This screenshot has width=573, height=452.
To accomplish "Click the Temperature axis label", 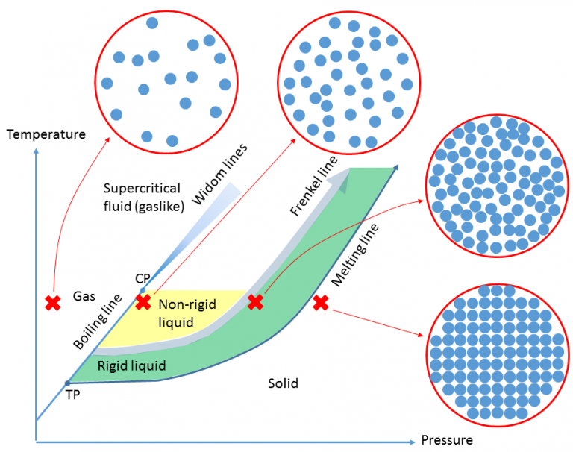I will tap(46, 134).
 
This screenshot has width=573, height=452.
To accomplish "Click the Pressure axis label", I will tap(447, 439).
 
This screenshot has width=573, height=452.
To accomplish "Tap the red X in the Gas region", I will tap(53, 303).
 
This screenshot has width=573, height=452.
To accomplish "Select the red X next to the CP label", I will tap(143, 302).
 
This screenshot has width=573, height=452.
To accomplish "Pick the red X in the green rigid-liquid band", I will tap(255, 302).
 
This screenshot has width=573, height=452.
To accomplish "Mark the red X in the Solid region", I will tap(321, 302).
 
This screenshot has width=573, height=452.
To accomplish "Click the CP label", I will tap(143, 278).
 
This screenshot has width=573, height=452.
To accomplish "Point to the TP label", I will tap(73, 395).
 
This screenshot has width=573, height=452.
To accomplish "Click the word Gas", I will tap(84, 296).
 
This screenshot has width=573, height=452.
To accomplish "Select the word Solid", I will tap(283, 383).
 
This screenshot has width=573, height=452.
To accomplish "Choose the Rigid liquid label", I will tap(132, 365).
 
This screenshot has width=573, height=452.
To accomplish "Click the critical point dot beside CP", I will tap(143, 289).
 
